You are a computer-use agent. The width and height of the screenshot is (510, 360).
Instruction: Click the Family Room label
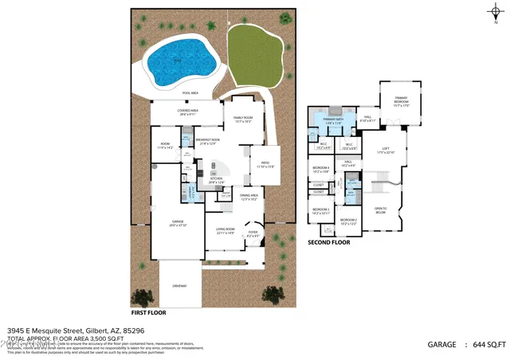[x=242, y=119]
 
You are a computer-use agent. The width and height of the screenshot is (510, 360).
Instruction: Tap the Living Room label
[x=225, y=231]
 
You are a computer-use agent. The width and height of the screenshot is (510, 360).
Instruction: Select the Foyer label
[x=253, y=234]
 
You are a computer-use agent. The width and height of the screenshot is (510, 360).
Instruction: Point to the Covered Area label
[x=188, y=112]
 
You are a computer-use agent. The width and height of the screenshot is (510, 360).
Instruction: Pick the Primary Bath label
[x=333, y=121]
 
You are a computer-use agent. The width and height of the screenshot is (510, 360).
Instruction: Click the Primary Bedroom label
[x=400, y=103]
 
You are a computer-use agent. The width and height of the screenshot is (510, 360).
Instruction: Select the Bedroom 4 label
[x=321, y=169]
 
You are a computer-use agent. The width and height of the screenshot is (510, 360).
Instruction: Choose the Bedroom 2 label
[x=348, y=221]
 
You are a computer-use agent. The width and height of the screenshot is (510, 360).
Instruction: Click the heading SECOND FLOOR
[x=329, y=242]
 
